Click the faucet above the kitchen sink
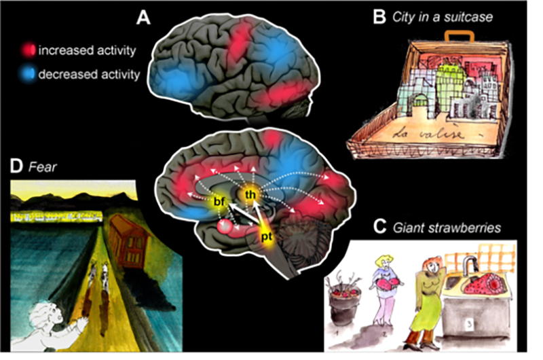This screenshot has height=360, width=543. pos(469,264)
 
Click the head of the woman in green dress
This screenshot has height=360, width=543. pos(432,266)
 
